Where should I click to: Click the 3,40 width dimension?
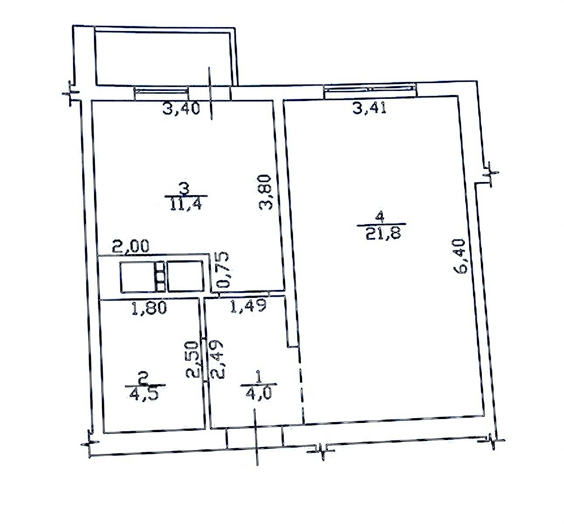pos(181,108)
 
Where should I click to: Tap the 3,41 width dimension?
pos(369,108)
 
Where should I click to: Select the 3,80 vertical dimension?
pos(266,192)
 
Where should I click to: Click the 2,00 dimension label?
pos(131,246)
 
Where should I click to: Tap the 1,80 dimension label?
pos(149,307)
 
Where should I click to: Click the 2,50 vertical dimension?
pos(192,359)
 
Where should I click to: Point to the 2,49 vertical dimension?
pos(217,360)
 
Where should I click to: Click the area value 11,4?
pos(186,204)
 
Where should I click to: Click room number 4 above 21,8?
pos(380,218)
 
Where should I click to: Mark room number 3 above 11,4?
pos(185,189)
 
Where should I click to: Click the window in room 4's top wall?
pos(370,91)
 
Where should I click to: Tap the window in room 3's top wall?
pos(162,94)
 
